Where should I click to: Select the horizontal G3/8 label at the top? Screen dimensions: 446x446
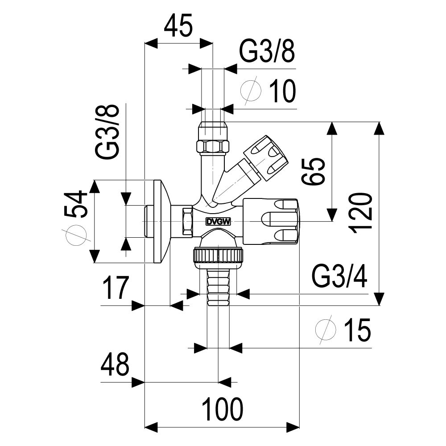[x=267, y=51]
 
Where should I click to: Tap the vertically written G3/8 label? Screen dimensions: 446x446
[x=107, y=131]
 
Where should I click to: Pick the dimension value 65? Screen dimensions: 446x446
[x=313, y=172]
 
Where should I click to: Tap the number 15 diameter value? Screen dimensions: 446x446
[x=358, y=330]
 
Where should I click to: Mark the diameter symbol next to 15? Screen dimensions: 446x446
[x=326, y=330]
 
